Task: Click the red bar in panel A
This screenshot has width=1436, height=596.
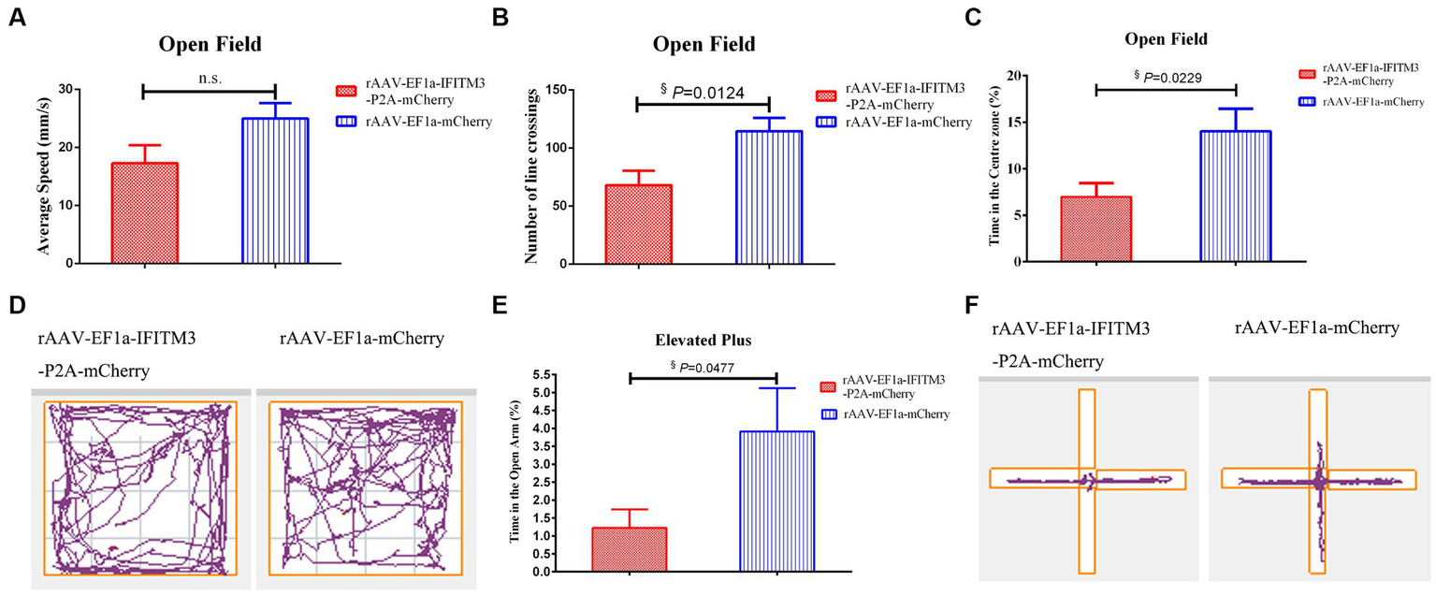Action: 145,213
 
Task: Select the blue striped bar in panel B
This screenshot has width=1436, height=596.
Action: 768,197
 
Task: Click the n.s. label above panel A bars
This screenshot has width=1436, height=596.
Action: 210,80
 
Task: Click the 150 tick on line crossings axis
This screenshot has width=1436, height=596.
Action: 552,89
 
